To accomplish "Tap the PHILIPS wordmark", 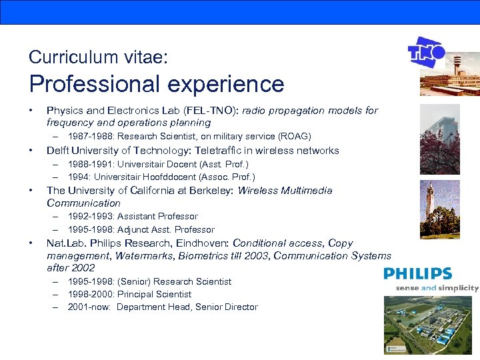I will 417,274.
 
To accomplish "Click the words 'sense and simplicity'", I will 437,288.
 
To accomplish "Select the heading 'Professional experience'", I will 157,84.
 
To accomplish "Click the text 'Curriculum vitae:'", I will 98,57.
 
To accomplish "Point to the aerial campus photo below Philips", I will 431,324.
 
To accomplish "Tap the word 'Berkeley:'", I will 210,191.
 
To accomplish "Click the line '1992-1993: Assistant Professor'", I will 133,217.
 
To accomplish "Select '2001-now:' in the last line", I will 89,307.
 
